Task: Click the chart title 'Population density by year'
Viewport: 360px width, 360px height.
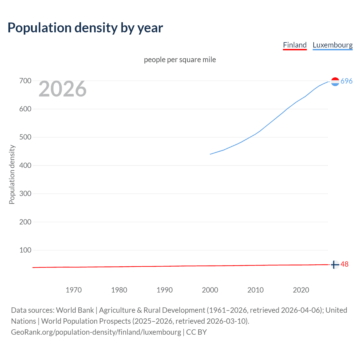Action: pyautogui.click(x=85, y=28)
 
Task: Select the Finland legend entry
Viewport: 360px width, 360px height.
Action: pyautogui.click(x=294, y=45)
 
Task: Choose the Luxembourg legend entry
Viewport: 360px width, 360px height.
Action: pyautogui.click(x=332, y=45)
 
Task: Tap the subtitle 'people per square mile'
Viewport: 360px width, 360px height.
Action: pyautogui.click(x=180, y=60)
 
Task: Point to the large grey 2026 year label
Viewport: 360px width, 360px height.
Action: pyautogui.click(x=62, y=89)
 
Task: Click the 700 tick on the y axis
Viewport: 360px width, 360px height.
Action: pyautogui.click(x=25, y=81)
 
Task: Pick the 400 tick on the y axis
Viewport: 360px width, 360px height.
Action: pyautogui.click(x=25, y=166)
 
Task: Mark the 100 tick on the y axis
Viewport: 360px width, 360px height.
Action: pyautogui.click(x=25, y=250)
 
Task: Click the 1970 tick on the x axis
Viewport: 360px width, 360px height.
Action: pyautogui.click(x=74, y=290)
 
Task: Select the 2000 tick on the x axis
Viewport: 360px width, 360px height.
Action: pyautogui.click(x=210, y=290)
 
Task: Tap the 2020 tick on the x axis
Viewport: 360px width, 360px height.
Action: pyautogui.click(x=301, y=290)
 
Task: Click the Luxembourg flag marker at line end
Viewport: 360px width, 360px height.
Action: pyautogui.click(x=335, y=82)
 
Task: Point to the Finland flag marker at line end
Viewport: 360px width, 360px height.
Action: pyautogui.click(x=335, y=265)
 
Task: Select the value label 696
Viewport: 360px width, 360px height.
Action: pyautogui.click(x=346, y=81)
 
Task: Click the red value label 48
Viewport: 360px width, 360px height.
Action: pyautogui.click(x=344, y=264)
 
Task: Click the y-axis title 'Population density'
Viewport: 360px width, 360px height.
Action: pyautogui.click(x=12, y=174)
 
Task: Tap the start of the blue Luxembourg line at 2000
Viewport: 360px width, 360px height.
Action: pyautogui.click(x=210, y=154)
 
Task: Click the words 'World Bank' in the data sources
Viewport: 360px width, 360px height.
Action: pyautogui.click(x=75, y=310)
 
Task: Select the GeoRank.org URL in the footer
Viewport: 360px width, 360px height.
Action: pyautogui.click(x=96, y=332)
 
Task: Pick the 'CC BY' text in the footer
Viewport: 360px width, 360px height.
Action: pyautogui.click(x=196, y=332)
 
